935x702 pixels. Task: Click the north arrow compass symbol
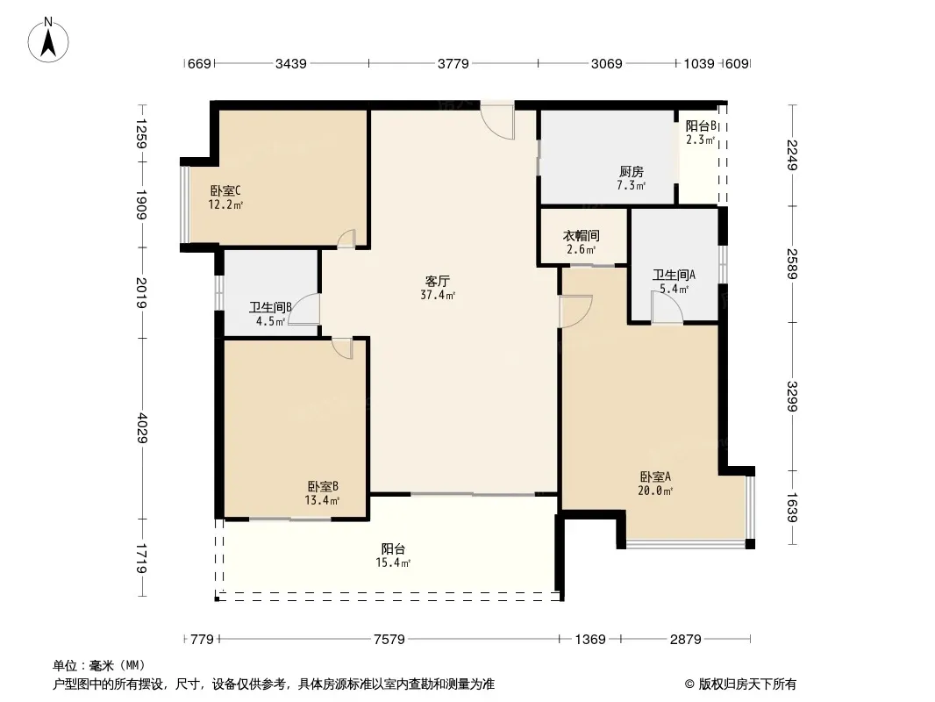pyautogui.click(x=48, y=40)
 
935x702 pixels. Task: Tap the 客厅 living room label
pyautogui.click(x=437, y=281)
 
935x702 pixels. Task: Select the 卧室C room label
pyautogui.click(x=225, y=191)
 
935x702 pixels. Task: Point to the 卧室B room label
pyautogui.click(x=323, y=487)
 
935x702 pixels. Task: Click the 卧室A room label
pyautogui.click(x=655, y=476)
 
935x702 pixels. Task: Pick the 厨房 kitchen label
pyautogui.click(x=631, y=172)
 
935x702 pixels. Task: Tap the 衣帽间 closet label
pyautogui.click(x=582, y=235)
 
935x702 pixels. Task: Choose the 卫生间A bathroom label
pyautogui.click(x=674, y=275)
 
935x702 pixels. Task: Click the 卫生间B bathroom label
pyautogui.click(x=270, y=308)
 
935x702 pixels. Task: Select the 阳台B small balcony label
pyautogui.click(x=701, y=125)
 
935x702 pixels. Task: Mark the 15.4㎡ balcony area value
pyautogui.click(x=393, y=562)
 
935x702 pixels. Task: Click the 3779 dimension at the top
pyautogui.click(x=453, y=64)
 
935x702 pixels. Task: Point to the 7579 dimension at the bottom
pyautogui.click(x=389, y=640)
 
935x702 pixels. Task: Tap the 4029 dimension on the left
pyautogui.click(x=142, y=427)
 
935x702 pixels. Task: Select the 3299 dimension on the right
pyautogui.click(x=792, y=396)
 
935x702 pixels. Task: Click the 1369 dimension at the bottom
pyautogui.click(x=590, y=640)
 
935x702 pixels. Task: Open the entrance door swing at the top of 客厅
pyautogui.click(x=498, y=122)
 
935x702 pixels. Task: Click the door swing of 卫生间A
pyautogui.click(x=667, y=308)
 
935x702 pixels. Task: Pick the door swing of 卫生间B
pyautogui.click(x=304, y=310)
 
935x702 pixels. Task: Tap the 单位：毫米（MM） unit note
pyautogui.click(x=99, y=666)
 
